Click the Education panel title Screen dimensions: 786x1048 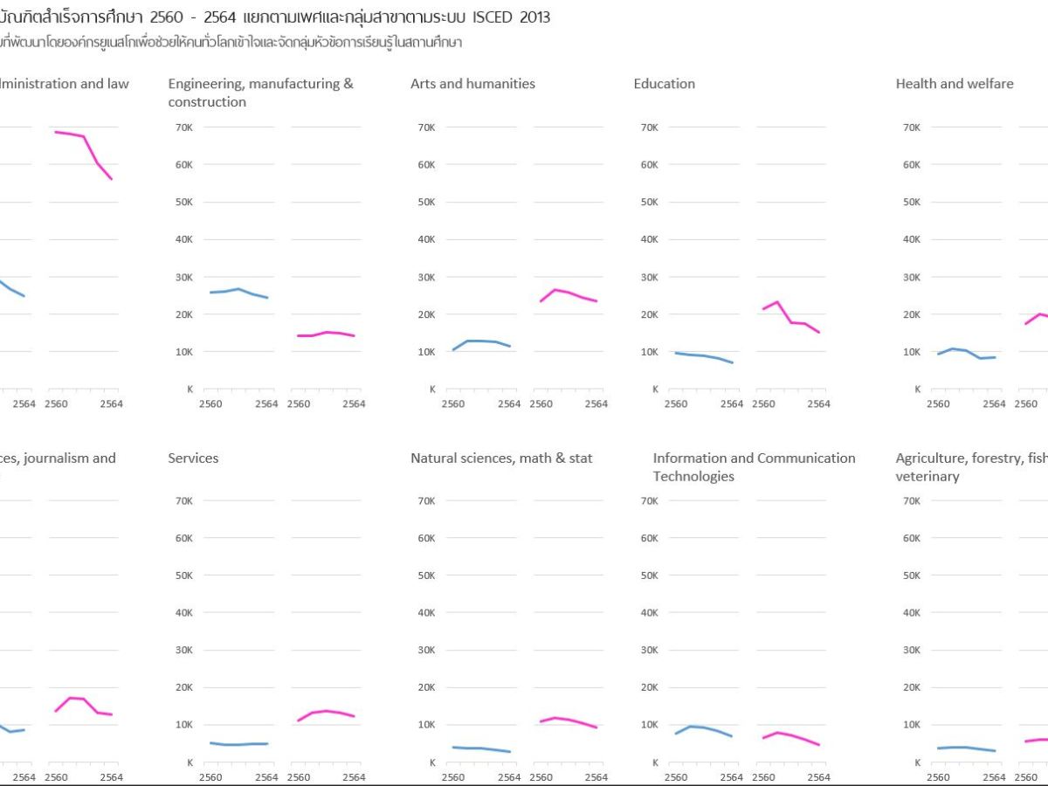pyautogui.click(x=664, y=84)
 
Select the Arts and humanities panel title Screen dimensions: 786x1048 pyautogui.click(x=472, y=84)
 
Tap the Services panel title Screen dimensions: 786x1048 pyautogui.click(x=193, y=458)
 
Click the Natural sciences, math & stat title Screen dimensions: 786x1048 pyautogui.click(x=501, y=458)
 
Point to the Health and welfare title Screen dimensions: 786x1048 pyautogui.click(x=954, y=84)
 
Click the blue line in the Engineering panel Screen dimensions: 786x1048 pyautogui.click(x=238, y=289)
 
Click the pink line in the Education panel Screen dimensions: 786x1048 pyautogui.click(x=790, y=322)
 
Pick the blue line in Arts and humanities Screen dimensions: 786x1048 pyautogui.click(x=481, y=341)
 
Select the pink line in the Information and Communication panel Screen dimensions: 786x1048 pyautogui.click(x=790, y=736)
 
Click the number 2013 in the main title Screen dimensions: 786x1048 pyautogui.click(x=534, y=17)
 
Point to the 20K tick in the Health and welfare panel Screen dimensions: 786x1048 pyautogui.click(x=910, y=314)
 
